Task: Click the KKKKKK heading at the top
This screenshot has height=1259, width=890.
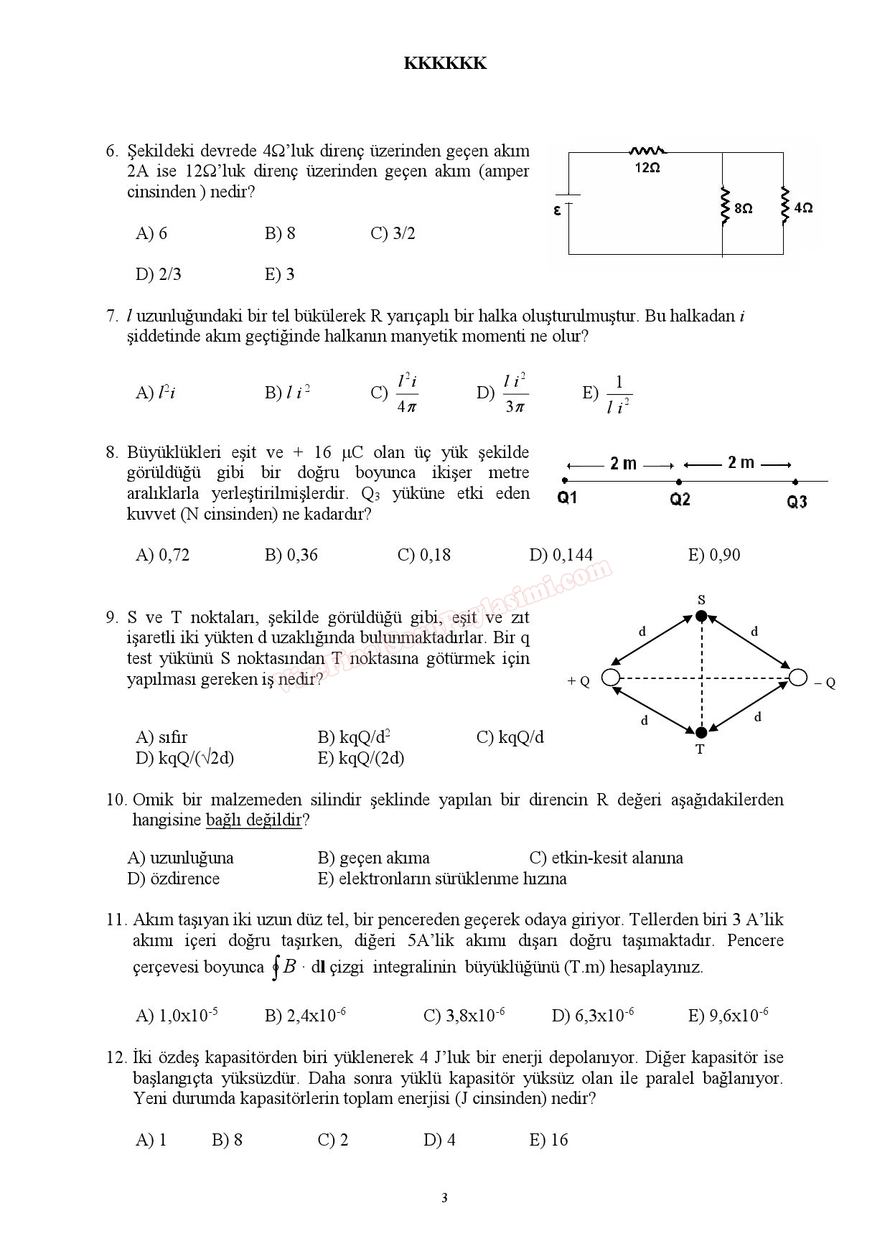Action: pos(445,63)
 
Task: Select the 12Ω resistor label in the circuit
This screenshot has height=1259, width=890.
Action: pos(647,167)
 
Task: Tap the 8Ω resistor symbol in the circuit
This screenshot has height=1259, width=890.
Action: pos(724,207)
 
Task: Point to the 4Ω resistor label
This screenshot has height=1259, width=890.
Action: pos(804,208)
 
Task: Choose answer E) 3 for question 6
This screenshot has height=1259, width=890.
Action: pos(279,274)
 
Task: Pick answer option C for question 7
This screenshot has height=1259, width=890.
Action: pos(395,392)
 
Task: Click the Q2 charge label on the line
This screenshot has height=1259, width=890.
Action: pos(680,500)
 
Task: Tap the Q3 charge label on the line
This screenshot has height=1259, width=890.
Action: pos(797,502)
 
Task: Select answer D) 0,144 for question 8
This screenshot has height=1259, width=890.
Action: pos(561,555)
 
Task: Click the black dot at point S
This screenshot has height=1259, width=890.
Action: pos(702,615)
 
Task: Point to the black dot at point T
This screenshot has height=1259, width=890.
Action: pos(701,732)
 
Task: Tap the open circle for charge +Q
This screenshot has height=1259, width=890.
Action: pos(611,677)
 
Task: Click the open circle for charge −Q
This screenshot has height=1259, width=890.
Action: pos(797,677)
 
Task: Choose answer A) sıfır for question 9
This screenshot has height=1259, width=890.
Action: pos(161,737)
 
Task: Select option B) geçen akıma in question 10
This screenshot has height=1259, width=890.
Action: pos(373,858)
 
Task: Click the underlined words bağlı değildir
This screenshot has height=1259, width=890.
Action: pos(254,820)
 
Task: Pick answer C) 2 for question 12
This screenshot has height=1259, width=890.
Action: pos(333,1140)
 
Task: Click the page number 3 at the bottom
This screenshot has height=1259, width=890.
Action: pos(444,1197)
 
